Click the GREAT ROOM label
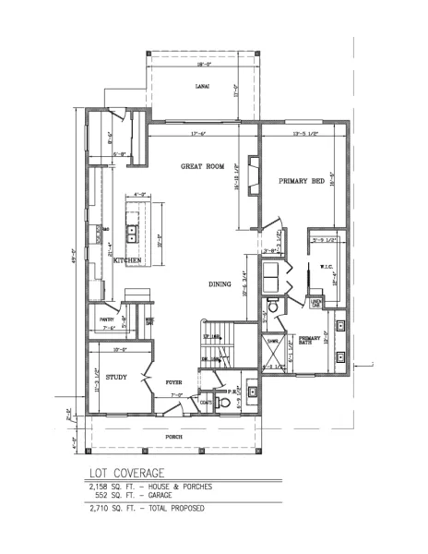coord(202,166)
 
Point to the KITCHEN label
coord(126,261)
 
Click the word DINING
coord(220,284)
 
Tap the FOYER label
coord(173,380)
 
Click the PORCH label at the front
coord(174,436)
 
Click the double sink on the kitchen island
coord(133,233)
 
